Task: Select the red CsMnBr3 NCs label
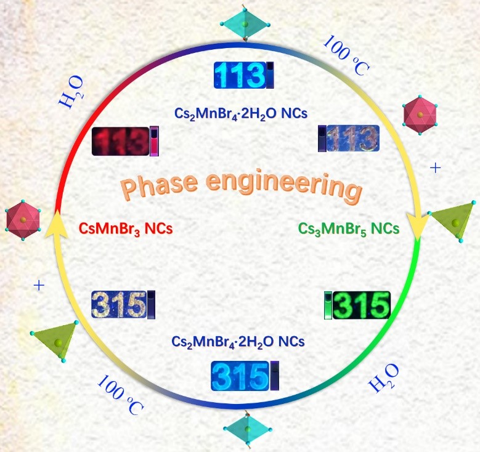point(124,228)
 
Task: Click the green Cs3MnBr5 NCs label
point(349,228)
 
